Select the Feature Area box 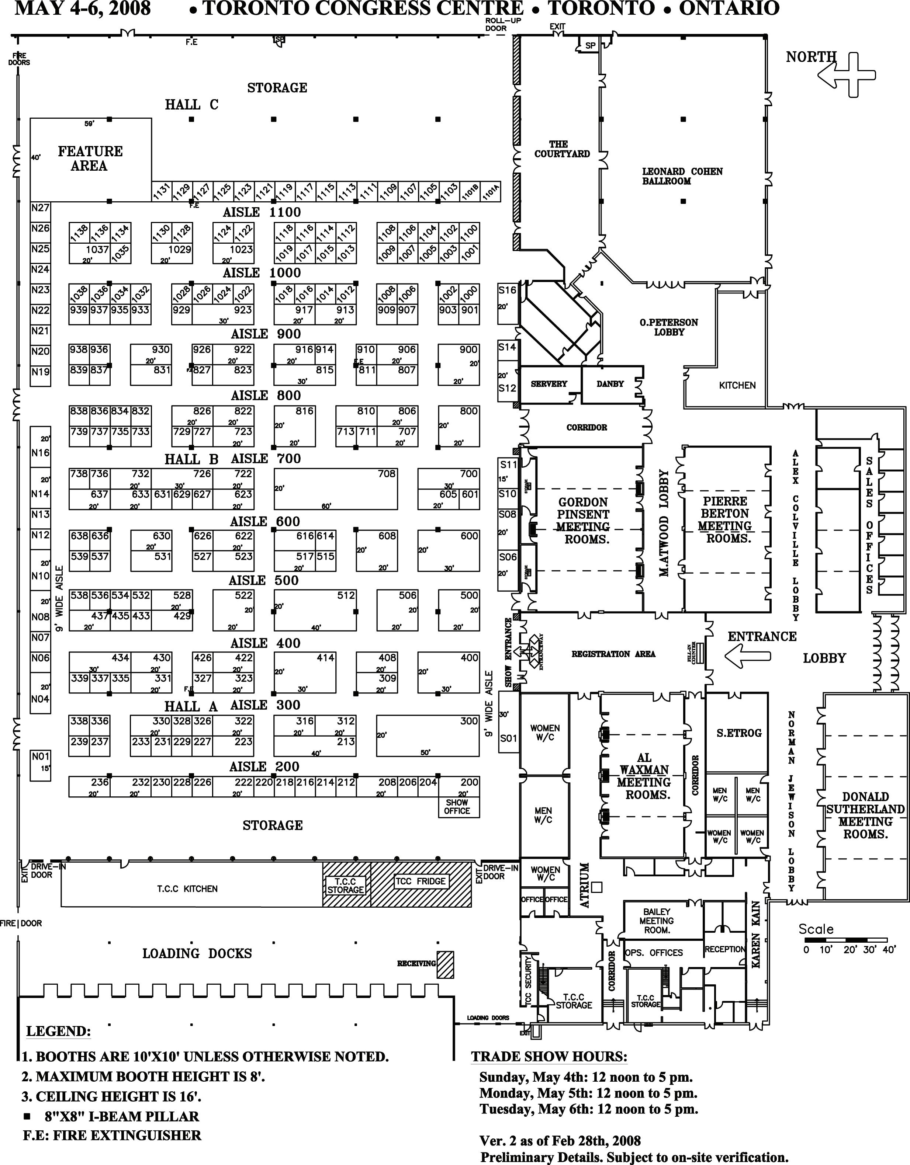point(90,159)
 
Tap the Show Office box point(457,807)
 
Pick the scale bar point(845,939)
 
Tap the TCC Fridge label point(420,881)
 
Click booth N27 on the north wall point(40,208)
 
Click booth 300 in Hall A point(428,735)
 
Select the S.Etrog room point(739,733)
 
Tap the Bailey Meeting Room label point(657,921)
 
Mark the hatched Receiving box point(445,964)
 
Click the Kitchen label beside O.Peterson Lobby point(737,385)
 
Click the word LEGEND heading point(58,1031)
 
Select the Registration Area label point(613,654)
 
